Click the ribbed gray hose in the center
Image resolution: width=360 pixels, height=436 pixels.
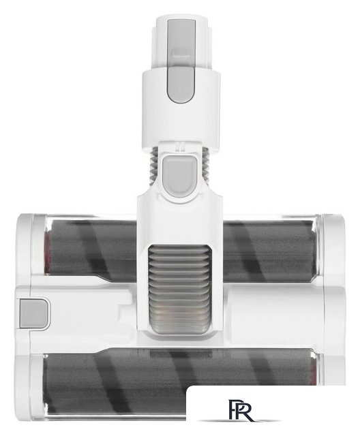click(179, 289)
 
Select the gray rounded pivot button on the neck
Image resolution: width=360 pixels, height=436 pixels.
click(179, 174)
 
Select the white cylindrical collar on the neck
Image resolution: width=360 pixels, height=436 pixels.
click(181, 111)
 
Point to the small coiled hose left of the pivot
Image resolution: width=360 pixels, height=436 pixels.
click(154, 163)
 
